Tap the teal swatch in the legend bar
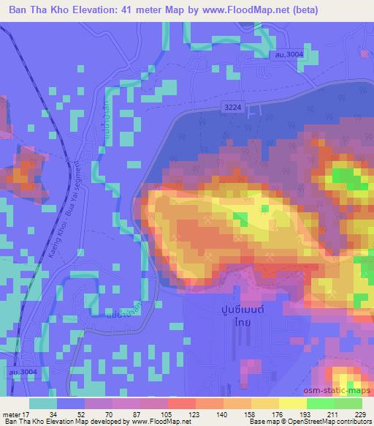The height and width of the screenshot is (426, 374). coord(43,403)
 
